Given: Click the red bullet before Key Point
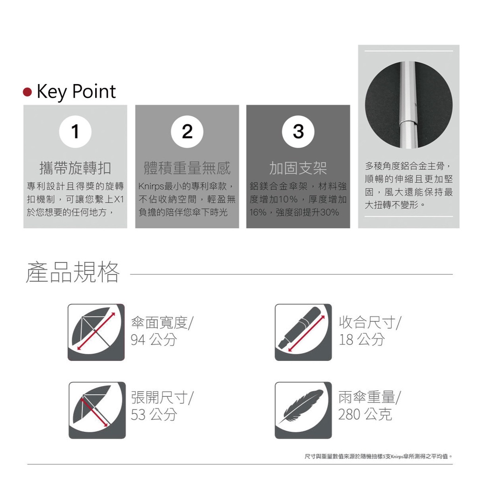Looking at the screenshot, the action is click(x=28, y=92).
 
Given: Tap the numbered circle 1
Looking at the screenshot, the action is click(x=75, y=132).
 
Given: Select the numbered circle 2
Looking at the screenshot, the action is click(x=187, y=132).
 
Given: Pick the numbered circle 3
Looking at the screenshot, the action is click(x=298, y=132).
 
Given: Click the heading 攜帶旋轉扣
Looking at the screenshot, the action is click(x=75, y=168).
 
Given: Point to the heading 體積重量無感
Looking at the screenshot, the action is click(x=187, y=168).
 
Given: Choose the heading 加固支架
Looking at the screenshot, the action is click(x=298, y=168).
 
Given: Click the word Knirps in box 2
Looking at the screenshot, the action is click(x=151, y=186).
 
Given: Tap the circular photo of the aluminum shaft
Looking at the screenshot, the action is click(x=408, y=105).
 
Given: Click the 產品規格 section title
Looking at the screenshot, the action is click(x=72, y=272).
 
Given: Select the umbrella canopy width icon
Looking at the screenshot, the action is click(x=96, y=332).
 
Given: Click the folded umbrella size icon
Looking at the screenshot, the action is click(x=303, y=332).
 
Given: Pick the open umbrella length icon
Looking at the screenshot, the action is click(x=97, y=410).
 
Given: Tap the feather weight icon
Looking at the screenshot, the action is click(x=303, y=410).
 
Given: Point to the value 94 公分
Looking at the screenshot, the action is click(x=154, y=340).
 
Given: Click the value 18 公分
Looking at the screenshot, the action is click(x=362, y=340).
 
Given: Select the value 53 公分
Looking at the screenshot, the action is click(x=154, y=415).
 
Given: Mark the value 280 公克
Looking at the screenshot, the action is click(x=365, y=415).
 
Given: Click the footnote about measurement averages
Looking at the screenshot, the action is click(x=378, y=457).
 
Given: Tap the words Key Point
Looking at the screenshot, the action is click(x=76, y=92).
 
